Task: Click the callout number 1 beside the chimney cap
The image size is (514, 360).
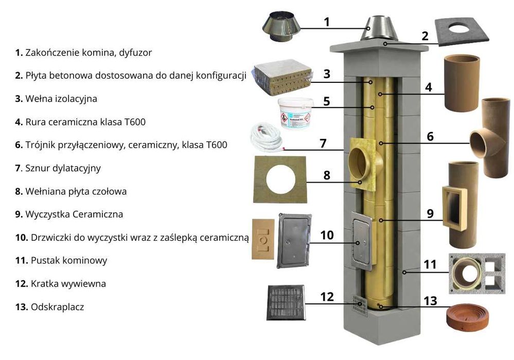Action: (327, 22)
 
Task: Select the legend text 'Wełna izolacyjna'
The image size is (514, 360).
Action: (61, 99)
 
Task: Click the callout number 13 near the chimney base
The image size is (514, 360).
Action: (430, 300)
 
